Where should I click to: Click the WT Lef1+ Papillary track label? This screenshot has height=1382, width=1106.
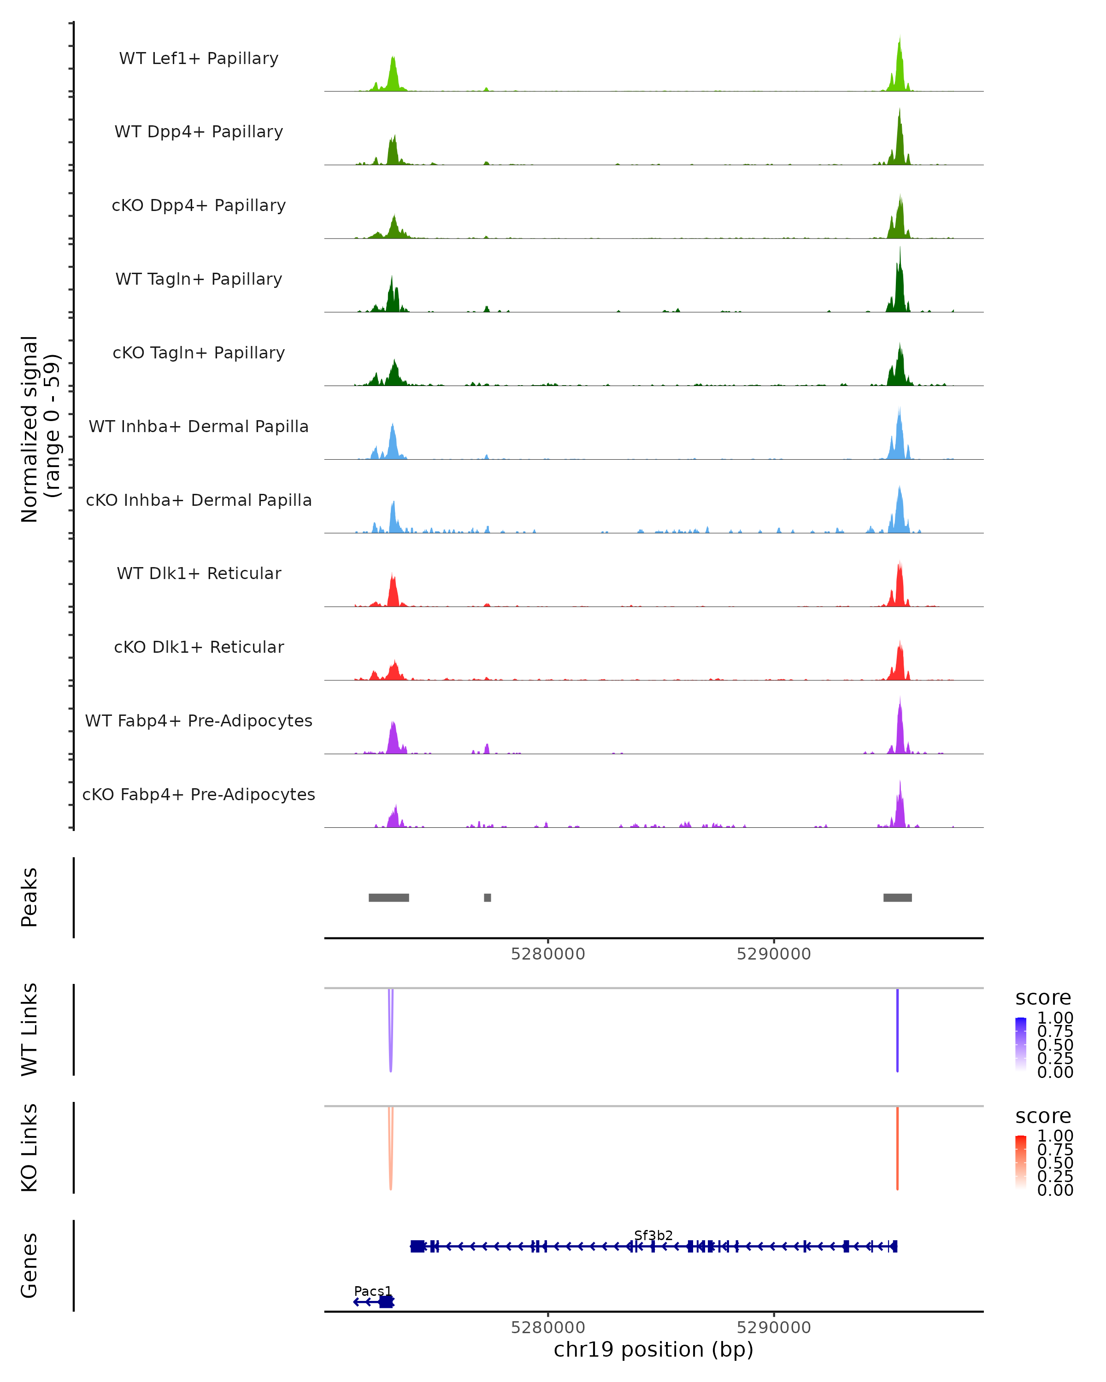point(199,59)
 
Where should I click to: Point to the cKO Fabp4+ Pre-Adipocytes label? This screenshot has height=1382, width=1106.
point(199,794)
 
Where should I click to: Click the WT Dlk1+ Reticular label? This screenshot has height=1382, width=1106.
point(199,573)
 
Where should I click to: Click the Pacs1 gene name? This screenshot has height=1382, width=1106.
point(372,1291)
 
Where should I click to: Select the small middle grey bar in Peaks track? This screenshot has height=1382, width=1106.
point(487,897)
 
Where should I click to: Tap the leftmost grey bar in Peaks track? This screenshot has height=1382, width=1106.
point(388,897)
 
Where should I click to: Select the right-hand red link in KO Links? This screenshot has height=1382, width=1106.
point(897,1148)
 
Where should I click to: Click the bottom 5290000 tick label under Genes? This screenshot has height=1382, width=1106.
point(773,1328)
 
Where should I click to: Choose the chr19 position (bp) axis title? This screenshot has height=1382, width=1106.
point(653,1350)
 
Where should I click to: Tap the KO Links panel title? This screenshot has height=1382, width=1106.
point(29,1148)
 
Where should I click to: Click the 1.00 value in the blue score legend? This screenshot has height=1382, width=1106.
point(1055,1018)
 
